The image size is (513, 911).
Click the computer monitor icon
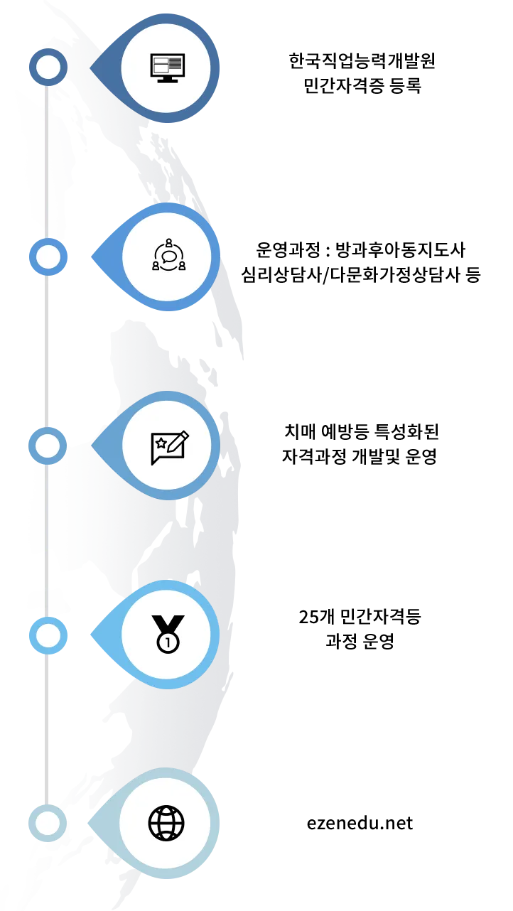click(168, 68)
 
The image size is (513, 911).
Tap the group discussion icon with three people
click(168, 254)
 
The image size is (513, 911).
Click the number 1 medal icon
click(168, 634)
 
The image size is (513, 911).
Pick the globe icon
click(166, 823)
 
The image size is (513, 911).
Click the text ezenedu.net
click(360, 823)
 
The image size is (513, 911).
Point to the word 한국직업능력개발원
click(362, 61)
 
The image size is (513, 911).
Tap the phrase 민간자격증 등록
click(362, 86)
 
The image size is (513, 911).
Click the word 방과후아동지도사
click(401, 249)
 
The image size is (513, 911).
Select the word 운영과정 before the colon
click(288, 249)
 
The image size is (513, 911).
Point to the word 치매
click(300, 431)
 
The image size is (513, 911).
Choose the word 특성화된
click(406, 431)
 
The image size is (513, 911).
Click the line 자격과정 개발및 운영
click(360, 457)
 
